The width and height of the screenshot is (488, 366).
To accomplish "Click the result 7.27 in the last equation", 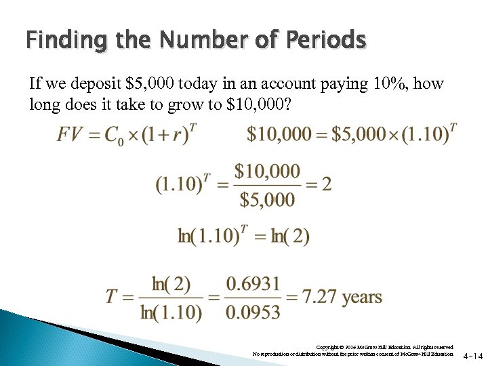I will [x=319, y=297].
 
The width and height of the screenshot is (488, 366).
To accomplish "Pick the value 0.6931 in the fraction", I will [x=252, y=283].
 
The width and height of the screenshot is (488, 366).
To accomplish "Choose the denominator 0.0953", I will [x=252, y=312].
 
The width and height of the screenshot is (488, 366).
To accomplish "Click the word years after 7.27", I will [x=362, y=297].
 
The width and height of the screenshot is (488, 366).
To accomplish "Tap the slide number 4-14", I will [x=473, y=355].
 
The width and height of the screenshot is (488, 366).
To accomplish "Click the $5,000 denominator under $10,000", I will [x=267, y=199].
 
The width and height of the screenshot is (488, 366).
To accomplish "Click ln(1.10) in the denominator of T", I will [x=171, y=312].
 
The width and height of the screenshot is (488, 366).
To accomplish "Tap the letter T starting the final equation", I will [x=113, y=298].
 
